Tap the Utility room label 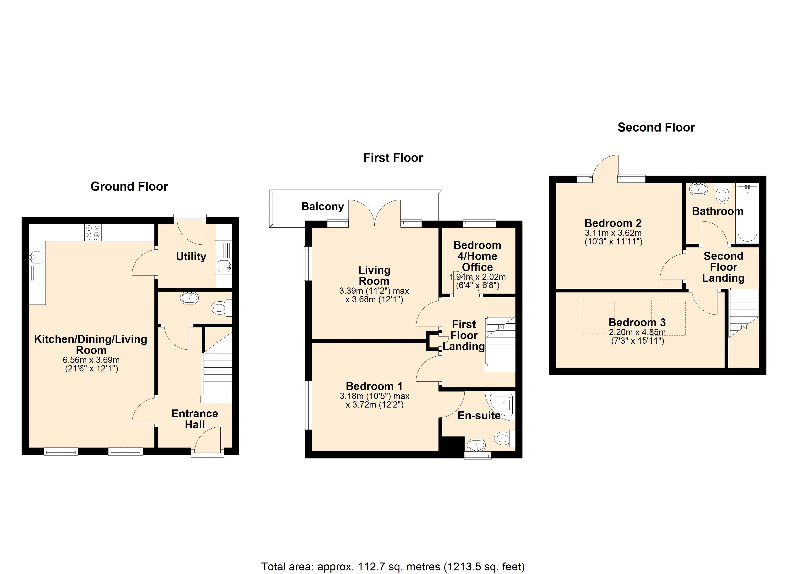[191, 257]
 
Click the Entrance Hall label [195, 419]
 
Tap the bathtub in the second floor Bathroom [747, 213]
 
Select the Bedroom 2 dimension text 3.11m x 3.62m [613, 233]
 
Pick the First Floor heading [393, 158]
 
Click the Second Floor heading [656, 127]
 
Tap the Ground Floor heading [129, 187]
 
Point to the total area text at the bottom [393, 567]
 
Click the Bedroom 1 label [374, 386]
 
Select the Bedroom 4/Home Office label [477, 256]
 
